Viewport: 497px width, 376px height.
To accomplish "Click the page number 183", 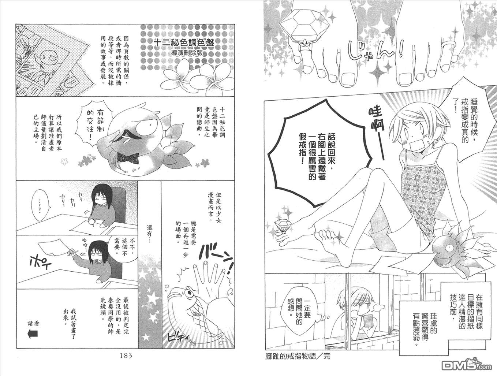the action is (x=126, y=356).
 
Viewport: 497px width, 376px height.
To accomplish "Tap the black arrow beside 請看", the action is (x=32, y=334).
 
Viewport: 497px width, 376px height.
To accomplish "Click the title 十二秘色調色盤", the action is (x=183, y=43).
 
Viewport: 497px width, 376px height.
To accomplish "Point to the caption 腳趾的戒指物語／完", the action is (x=298, y=356).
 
